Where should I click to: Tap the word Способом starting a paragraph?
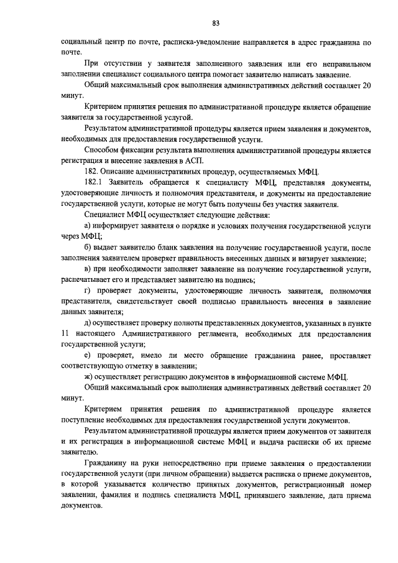pos(104,150)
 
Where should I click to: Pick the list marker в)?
pos(88,269)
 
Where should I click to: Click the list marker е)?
pos(88,355)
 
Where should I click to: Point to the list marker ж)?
pos(88,376)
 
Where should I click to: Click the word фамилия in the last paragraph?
pos(111,496)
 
